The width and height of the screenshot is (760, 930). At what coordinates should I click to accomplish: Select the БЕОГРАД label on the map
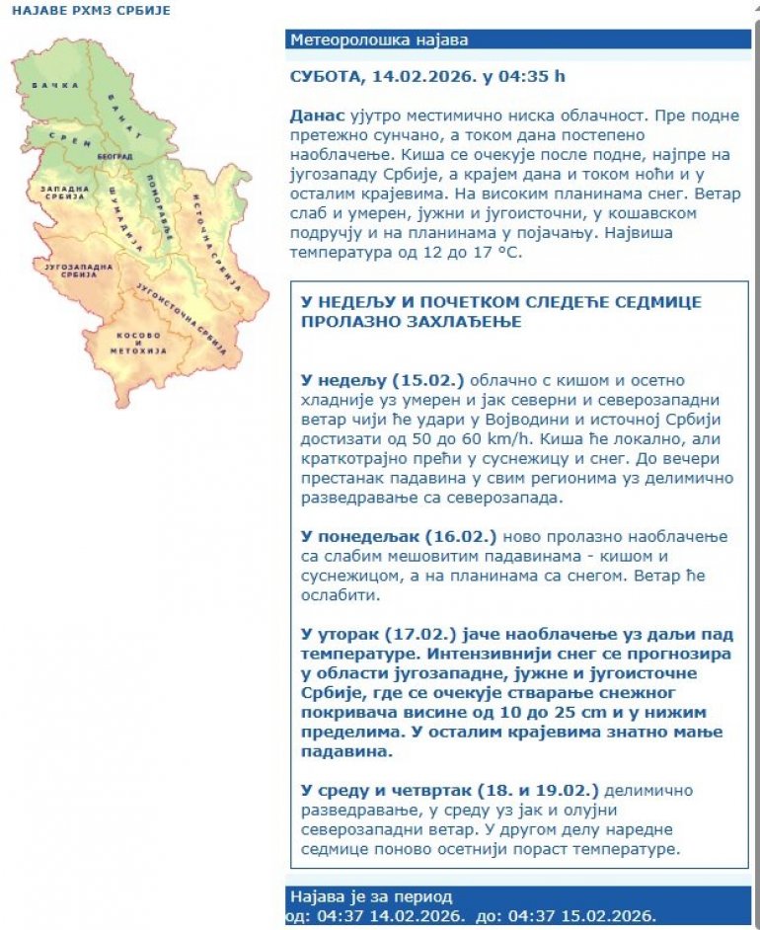point(114,157)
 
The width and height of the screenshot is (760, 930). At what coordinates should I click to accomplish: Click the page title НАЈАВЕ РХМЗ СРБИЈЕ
point(91,11)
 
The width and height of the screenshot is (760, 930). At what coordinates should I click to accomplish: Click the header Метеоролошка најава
point(379,40)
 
